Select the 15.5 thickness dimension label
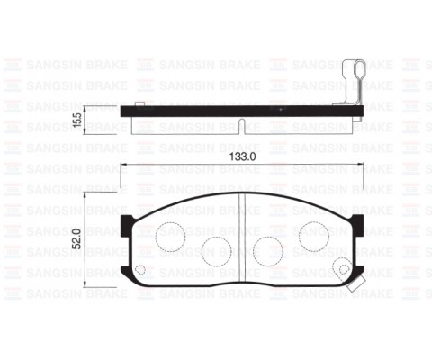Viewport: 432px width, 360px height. pos(77,120)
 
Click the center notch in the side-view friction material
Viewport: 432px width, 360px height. pos(245,122)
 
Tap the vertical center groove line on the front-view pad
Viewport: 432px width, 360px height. pos(245,238)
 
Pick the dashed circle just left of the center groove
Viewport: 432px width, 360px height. pos(216,248)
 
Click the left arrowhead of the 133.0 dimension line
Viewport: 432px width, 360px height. pos(123,166)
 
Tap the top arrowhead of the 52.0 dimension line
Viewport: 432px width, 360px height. pos(85,196)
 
